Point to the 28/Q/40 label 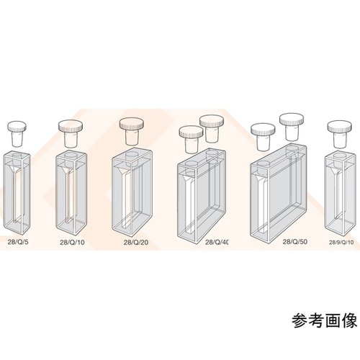(217, 243)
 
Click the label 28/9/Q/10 (342, 243)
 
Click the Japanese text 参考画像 (323, 320)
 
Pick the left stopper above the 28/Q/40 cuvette (190, 135)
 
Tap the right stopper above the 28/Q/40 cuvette (212, 127)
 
